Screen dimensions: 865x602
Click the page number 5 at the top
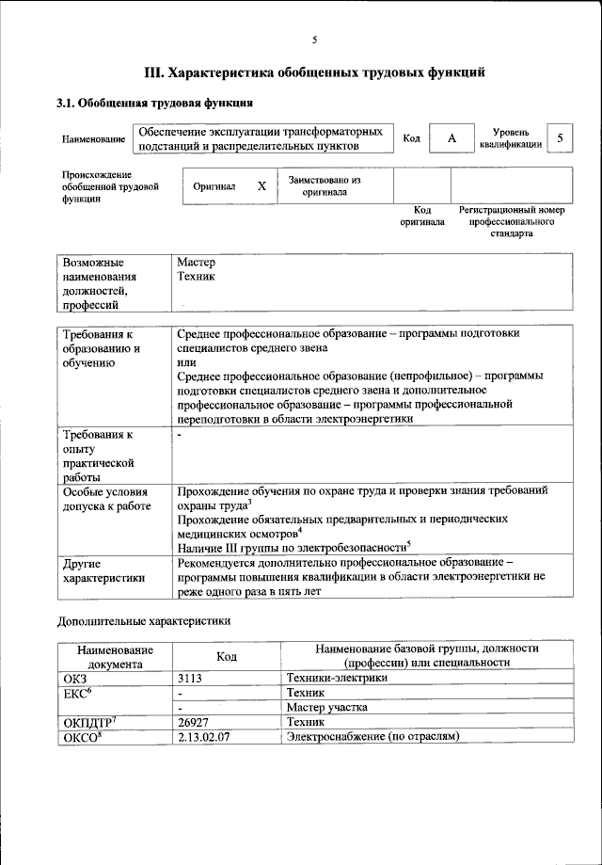point(315,39)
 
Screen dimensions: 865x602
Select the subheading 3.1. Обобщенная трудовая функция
point(155,103)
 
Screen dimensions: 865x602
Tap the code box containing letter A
point(451,138)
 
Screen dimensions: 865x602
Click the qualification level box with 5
point(561,138)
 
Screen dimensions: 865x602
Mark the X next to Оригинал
point(261,186)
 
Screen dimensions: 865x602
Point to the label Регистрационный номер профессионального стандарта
point(511,221)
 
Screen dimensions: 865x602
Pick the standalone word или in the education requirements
point(186,362)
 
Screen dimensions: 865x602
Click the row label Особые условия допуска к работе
point(106,499)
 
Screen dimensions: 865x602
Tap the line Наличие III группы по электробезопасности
point(293,546)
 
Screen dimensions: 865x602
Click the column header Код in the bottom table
point(226,655)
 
